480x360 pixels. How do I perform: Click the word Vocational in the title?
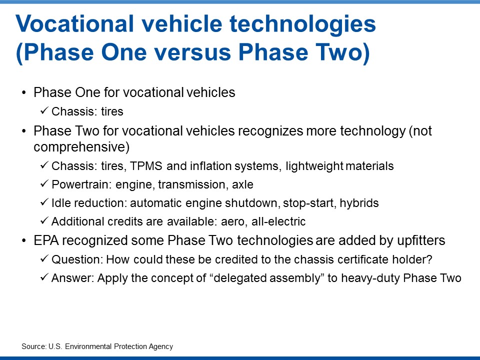coord(74,24)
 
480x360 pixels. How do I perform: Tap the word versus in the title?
coord(192,52)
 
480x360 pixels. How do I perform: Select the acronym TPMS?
coord(146,166)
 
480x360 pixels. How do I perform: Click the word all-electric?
coord(278,221)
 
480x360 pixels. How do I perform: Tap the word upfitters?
coord(421,240)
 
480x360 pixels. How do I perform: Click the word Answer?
coord(72,278)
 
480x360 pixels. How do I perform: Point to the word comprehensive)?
coord(81,147)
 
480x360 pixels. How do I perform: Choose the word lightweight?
coord(314,166)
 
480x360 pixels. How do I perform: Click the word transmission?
coord(192,184)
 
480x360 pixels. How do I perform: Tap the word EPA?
coord(46,240)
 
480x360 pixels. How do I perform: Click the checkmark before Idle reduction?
coord(44,202)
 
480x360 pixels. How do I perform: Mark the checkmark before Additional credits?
coord(44,220)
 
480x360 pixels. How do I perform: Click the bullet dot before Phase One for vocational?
coord(24,93)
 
